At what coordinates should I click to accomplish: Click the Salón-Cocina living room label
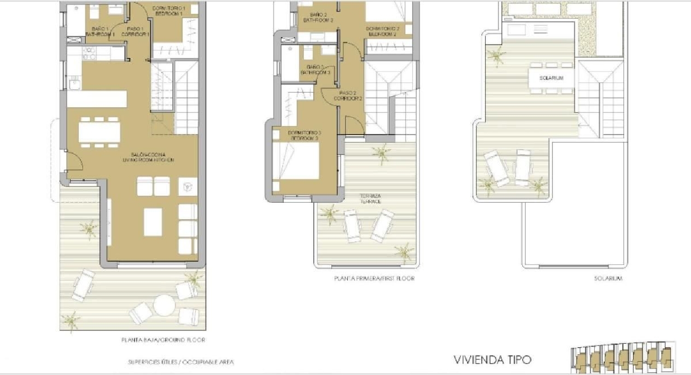tap(148, 157)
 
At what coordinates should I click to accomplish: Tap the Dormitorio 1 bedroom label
tap(169, 11)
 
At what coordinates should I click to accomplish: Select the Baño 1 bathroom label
tap(100, 31)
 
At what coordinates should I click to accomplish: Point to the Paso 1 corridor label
tap(135, 31)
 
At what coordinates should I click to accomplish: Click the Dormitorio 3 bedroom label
tap(304, 135)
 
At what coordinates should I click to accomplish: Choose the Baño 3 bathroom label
tap(315, 70)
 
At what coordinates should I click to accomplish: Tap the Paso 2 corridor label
tap(348, 96)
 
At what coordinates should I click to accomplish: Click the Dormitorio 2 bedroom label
tap(382, 31)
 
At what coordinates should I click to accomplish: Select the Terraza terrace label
tap(370, 199)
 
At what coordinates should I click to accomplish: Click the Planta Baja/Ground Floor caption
tap(163, 340)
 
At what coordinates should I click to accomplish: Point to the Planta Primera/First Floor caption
tap(374, 278)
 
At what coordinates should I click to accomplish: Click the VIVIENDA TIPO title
tap(492, 360)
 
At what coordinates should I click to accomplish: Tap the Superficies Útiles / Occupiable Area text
tap(181, 362)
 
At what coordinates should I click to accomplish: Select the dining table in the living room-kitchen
tap(99, 132)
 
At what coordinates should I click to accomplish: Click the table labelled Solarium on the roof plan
tap(551, 78)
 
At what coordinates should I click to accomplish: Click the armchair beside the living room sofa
tap(187, 187)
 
